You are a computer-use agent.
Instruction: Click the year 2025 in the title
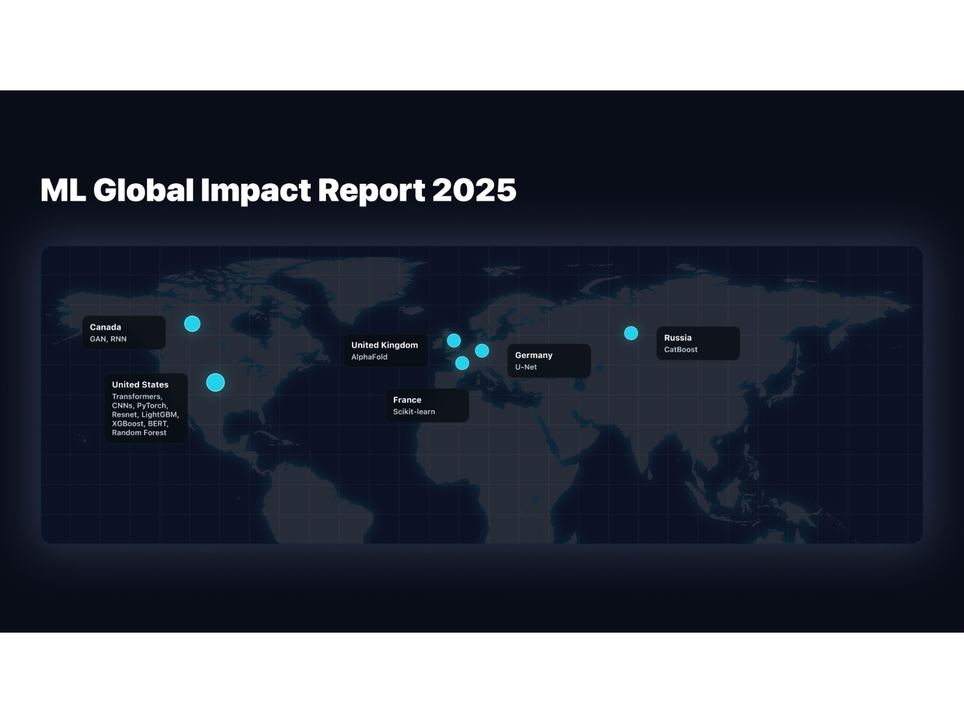click(474, 190)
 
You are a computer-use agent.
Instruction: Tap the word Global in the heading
click(143, 190)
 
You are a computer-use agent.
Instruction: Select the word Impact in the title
click(255, 190)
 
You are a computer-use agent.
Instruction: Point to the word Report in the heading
click(371, 190)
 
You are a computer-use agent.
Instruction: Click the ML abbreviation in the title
click(63, 190)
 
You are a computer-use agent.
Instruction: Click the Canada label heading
click(105, 327)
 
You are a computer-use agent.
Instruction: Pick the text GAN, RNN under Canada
click(108, 339)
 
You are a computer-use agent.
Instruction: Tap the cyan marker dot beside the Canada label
click(192, 324)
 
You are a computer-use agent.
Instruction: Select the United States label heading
click(140, 384)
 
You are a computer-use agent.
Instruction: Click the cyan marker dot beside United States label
click(215, 383)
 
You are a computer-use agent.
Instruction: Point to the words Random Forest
click(139, 433)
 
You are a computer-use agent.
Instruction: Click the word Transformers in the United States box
click(136, 396)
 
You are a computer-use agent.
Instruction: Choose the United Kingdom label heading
click(384, 345)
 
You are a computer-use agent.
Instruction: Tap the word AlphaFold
click(369, 357)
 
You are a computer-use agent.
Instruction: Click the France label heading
click(407, 400)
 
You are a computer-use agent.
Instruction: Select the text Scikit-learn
click(414, 412)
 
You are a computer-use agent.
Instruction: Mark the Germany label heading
click(534, 355)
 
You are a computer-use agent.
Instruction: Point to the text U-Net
click(526, 367)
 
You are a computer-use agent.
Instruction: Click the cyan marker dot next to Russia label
click(631, 333)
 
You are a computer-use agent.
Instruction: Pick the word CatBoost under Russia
click(681, 349)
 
